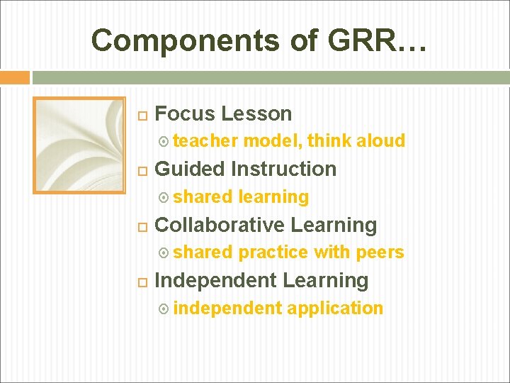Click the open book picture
[x=69, y=145]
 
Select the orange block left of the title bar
[x=15, y=77]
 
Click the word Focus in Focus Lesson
[x=185, y=113]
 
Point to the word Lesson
[x=256, y=113]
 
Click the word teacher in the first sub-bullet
[x=205, y=141]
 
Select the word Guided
[x=190, y=169]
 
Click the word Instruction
[x=283, y=169]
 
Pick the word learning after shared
[x=273, y=196]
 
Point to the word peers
[x=380, y=252]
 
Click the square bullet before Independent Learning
[x=142, y=282]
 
